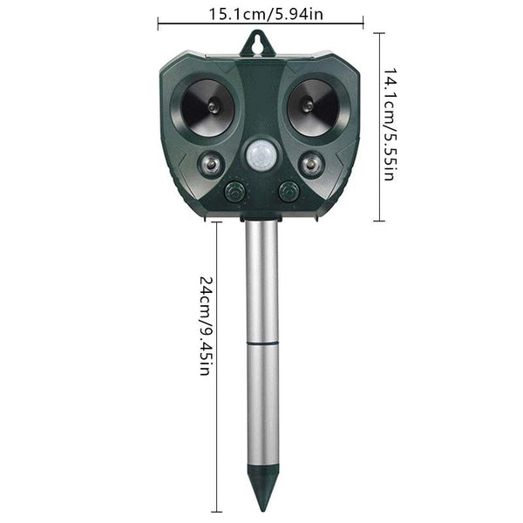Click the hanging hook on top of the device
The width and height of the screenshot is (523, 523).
(259, 42)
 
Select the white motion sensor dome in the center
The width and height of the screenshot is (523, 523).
(260, 155)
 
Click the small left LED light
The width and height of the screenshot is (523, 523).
(210, 163)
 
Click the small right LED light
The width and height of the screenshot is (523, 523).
(310, 163)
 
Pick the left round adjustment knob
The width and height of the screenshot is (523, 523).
(234, 191)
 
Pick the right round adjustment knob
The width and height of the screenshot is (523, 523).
(287, 191)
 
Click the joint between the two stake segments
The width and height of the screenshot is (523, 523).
(261, 343)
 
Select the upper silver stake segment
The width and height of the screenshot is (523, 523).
(261, 279)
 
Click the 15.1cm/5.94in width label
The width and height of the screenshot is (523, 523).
(261, 13)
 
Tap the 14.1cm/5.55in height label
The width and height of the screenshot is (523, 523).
(390, 127)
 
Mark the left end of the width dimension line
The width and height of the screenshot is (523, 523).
(159, 24)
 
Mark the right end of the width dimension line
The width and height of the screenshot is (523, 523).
(363, 24)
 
